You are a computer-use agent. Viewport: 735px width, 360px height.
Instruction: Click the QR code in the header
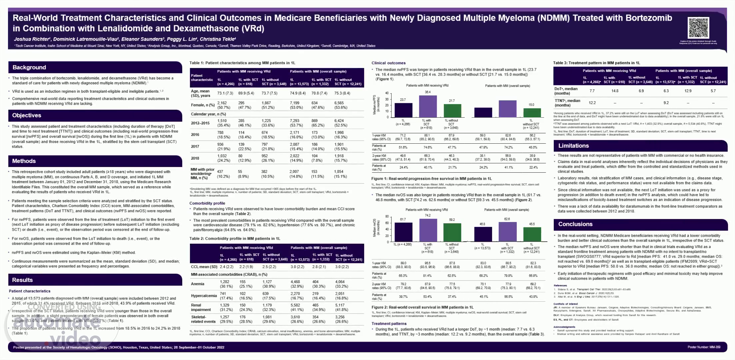click(698, 28)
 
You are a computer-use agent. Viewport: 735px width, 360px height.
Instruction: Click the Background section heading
click(29, 67)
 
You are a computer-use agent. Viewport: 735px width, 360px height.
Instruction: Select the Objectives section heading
click(27, 115)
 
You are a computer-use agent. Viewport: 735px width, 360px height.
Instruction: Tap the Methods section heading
click(24, 161)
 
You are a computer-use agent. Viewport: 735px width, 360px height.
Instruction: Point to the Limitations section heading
click(573, 146)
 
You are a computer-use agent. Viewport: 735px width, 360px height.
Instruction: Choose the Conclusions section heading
click(575, 224)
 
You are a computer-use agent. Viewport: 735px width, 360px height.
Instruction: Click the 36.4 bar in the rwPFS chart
click(428, 106)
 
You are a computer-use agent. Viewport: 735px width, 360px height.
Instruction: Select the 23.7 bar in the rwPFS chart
click(403, 110)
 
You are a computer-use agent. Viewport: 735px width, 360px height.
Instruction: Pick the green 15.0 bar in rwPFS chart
click(532, 113)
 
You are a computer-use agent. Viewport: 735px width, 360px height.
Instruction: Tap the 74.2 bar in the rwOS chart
click(428, 230)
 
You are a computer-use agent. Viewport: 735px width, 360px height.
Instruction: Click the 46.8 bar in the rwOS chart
click(483, 234)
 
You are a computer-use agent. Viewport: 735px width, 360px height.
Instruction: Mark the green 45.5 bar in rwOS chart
click(532, 234)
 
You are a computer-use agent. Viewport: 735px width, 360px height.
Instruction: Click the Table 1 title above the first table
click(242, 63)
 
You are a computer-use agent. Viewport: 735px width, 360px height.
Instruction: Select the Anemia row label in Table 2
click(198, 284)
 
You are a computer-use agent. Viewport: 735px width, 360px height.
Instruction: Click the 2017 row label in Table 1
click(195, 146)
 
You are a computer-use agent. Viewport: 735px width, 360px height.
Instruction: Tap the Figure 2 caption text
click(422, 307)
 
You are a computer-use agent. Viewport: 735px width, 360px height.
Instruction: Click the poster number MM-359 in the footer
click(704, 347)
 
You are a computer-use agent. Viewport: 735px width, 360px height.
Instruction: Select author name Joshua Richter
click(32, 39)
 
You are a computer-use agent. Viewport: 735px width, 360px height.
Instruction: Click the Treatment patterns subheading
click(389, 323)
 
